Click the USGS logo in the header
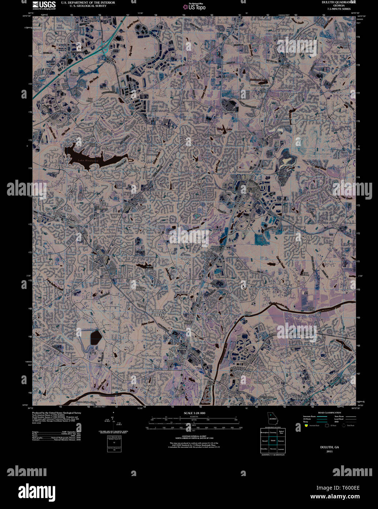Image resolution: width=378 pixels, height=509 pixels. (x=44, y=5)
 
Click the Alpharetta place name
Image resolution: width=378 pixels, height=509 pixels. (x=133, y=171)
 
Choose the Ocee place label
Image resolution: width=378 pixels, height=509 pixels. (x=127, y=205)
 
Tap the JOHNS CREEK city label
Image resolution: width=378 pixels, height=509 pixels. (x=159, y=313)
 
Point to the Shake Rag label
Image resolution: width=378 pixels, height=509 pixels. (x=336, y=226)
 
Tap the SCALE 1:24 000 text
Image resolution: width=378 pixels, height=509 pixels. (x=195, y=413)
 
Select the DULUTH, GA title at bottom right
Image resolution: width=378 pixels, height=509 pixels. (x=330, y=447)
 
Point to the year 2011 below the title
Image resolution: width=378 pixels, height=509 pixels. (x=330, y=452)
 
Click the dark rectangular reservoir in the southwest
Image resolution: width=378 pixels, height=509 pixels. (x=96, y=337)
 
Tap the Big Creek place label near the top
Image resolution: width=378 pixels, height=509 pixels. (x=230, y=41)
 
